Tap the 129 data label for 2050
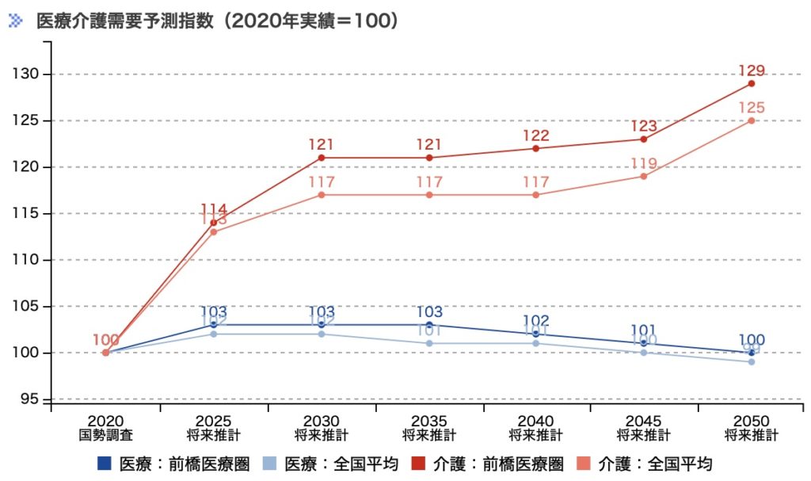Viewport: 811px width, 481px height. (751, 71)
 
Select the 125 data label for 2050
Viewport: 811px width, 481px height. (751, 108)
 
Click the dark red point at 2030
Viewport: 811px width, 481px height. (322, 158)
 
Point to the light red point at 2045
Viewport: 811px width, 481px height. (643, 176)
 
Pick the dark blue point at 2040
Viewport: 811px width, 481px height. (536, 334)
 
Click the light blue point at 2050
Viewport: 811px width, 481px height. (751, 362)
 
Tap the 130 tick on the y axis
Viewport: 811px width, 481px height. (28, 74)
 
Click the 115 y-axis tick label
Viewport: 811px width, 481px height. (28, 214)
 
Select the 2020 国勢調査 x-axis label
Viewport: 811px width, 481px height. (106, 428)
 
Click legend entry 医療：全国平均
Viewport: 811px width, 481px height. (331, 464)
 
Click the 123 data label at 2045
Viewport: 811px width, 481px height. (643, 126)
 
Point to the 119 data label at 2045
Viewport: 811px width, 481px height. (643, 163)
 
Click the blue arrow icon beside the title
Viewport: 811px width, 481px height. (15, 21)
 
